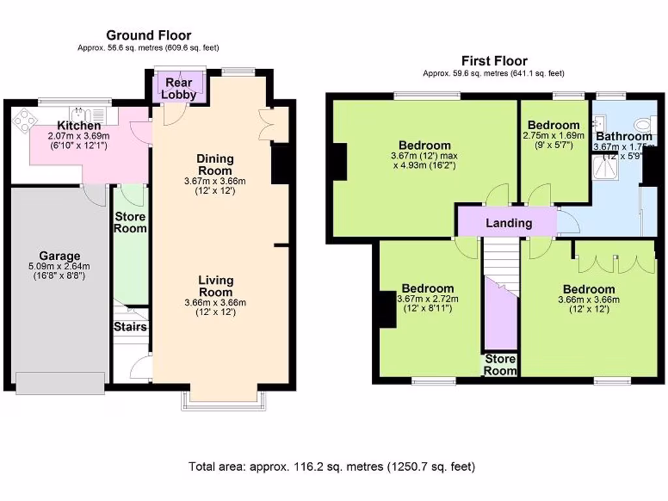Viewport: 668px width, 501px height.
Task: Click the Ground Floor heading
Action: click(x=148, y=35)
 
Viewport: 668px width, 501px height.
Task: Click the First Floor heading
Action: click(x=494, y=61)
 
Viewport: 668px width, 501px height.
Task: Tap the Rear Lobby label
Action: click(x=178, y=88)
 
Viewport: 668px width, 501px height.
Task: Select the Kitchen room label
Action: click(x=78, y=125)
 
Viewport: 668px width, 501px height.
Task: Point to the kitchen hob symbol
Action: click(x=24, y=120)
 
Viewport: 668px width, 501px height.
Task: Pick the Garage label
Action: click(x=59, y=256)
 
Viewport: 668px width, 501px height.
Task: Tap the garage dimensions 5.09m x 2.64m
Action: click(x=59, y=266)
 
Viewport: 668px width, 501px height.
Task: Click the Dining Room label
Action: click(x=215, y=164)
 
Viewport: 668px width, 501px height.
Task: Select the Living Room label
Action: click(x=216, y=286)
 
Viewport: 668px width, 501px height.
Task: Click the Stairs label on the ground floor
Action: click(x=130, y=327)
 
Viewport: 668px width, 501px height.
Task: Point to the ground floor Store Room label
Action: click(x=130, y=222)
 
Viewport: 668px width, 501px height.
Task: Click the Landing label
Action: click(x=509, y=223)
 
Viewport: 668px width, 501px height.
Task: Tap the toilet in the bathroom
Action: click(x=645, y=124)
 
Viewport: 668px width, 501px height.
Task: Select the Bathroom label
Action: click(x=624, y=136)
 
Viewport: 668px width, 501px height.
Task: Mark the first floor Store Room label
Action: click(x=500, y=365)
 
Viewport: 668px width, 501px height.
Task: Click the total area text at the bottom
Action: click(x=332, y=466)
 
